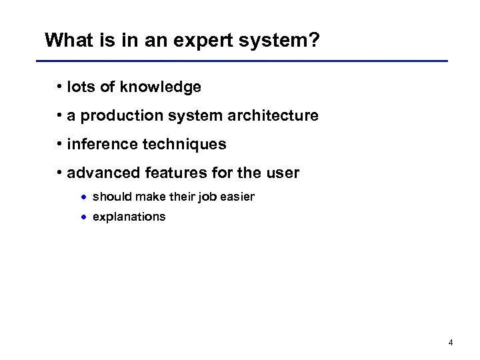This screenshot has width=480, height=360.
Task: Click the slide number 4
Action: (x=451, y=343)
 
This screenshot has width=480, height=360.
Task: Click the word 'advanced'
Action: (x=99, y=173)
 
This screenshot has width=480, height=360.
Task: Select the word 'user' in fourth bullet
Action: (x=284, y=173)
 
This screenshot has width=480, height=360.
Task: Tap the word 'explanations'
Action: (x=129, y=217)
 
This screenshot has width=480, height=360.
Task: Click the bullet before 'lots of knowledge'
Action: (x=60, y=87)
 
